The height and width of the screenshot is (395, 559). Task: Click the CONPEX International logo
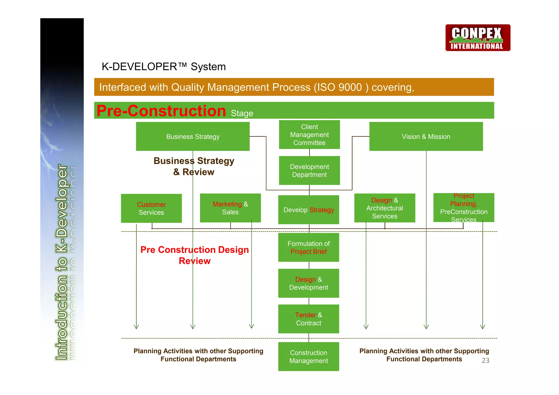[x=478, y=38]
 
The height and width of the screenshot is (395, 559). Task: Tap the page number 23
[x=485, y=360]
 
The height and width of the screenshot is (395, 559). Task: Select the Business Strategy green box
[x=193, y=136]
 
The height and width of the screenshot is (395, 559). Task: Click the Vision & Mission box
[x=426, y=136]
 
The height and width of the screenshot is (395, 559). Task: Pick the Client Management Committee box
[x=309, y=135]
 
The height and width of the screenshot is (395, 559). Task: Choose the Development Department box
[x=309, y=171]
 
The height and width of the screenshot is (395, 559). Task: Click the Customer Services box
[x=151, y=208]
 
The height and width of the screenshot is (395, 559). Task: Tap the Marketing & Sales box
[x=230, y=208]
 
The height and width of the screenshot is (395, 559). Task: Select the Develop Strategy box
[x=308, y=210]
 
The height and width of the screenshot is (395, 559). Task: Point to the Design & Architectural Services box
[x=385, y=208]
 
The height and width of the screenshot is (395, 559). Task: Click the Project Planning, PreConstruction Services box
[x=463, y=208]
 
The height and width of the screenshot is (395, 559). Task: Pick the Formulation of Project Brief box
[x=308, y=247]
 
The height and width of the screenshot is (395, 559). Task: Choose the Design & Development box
[x=308, y=283]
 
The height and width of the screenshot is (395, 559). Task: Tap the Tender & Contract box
[x=308, y=319]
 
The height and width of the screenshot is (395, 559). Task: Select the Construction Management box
[x=308, y=357]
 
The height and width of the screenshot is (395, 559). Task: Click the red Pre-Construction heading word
[x=161, y=111]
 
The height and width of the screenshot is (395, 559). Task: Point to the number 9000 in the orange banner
[x=350, y=87]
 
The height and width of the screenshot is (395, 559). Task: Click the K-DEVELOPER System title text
[x=163, y=67]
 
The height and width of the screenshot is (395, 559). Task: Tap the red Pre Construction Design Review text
[x=194, y=255]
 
